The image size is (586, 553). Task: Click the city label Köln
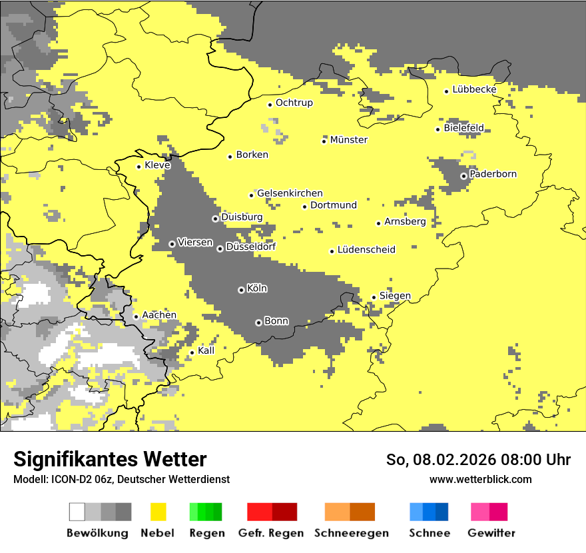click(257, 288)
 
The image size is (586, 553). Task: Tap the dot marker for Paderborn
click(463, 176)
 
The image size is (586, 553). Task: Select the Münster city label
click(349, 140)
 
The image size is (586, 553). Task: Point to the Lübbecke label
click(474, 89)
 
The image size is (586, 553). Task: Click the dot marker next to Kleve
click(139, 167)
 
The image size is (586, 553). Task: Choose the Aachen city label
click(159, 315)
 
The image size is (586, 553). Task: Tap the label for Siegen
click(395, 296)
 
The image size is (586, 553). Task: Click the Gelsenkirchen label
click(290, 193)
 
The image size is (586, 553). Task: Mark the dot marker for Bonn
click(258, 322)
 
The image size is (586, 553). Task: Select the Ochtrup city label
click(294, 103)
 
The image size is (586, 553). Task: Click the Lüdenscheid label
click(366, 250)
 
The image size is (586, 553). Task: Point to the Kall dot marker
click(192, 352)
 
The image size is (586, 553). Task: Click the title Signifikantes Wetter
click(110, 459)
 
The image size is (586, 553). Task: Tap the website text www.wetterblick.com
click(481, 479)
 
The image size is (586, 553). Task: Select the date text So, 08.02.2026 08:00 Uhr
click(478, 460)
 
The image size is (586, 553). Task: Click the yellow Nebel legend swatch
click(158, 512)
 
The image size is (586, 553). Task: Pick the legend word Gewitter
click(491, 533)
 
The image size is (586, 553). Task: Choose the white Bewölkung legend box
click(77, 512)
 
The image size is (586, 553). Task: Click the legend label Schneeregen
click(352, 533)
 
